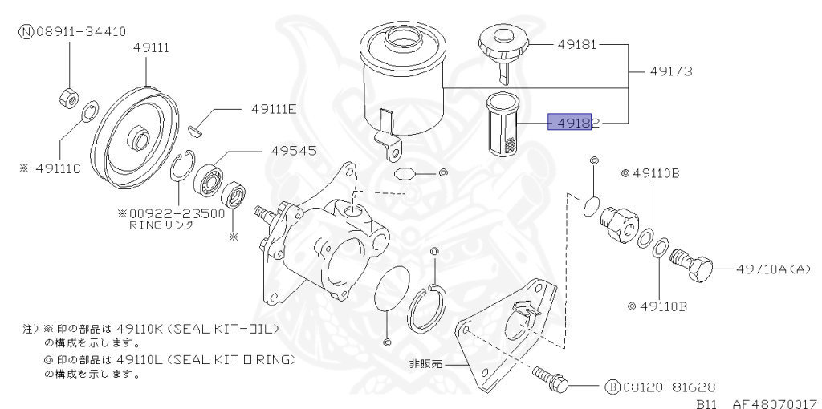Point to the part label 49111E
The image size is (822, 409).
pyautogui.click(x=273, y=110)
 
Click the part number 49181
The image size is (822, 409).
pyautogui.click(x=576, y=45)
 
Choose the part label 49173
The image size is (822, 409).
pyautogui.click(x=670, y=71)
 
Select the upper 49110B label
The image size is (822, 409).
pyautogui.click(x=656, y=172)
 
